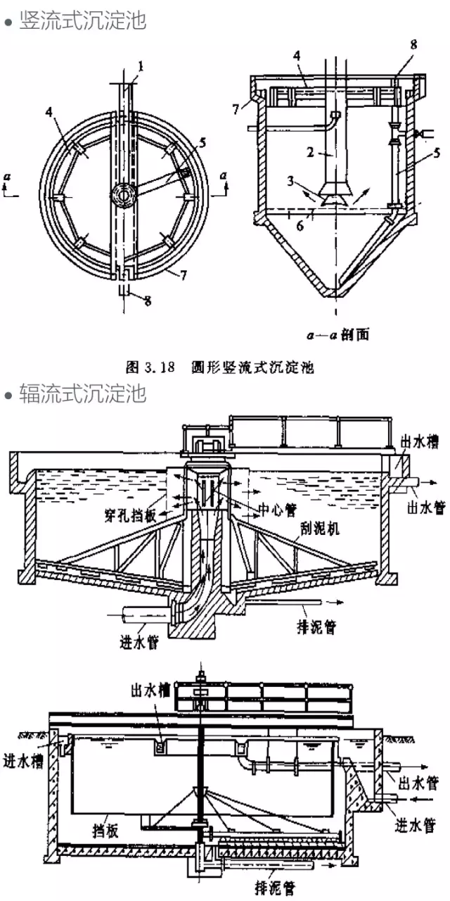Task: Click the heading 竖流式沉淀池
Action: tap(82, 20)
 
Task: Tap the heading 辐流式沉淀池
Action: tap(82, 393)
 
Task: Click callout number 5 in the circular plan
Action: tap(202, 142)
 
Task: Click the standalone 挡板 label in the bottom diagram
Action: tap(103, 831)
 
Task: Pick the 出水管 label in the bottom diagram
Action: tap(420, 783)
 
